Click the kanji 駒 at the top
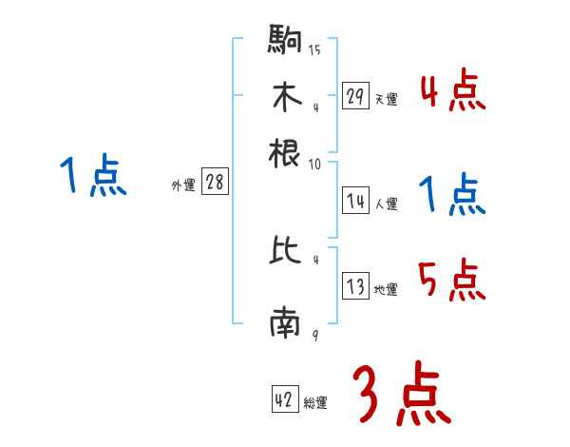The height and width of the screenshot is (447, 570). pyautogui.click(x=286, y=41)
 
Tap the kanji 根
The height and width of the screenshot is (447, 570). pyautogui.click(x=286, y=152)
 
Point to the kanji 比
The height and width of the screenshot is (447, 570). pyautogui.click(x=286, y=251)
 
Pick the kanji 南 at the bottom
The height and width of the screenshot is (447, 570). pyautogui.click(x=286, y=325)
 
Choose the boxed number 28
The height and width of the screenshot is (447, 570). pyautogui.click(x=215, y=184)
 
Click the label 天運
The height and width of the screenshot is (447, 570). pyautogui.click(x=386, y=99)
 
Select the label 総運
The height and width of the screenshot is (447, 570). pyautogui.click(x=315, y=403)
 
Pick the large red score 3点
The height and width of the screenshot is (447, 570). pyautogui.click(x=402, y=395)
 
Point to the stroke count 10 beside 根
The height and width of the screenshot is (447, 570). pyautogui.click(x=314, y=164)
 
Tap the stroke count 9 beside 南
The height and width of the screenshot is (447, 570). pyautogui.click(x=313, y=336)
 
